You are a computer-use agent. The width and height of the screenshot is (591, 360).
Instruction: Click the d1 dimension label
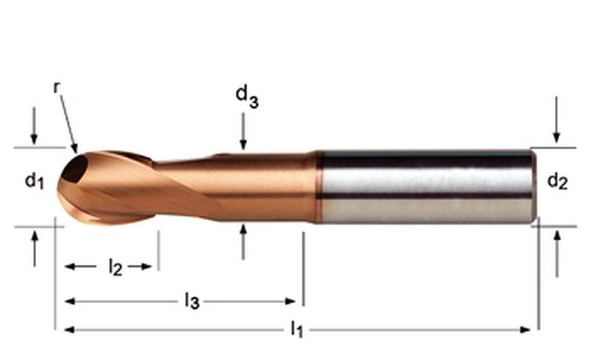[34, 181]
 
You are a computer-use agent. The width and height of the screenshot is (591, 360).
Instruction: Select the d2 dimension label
[557, 181]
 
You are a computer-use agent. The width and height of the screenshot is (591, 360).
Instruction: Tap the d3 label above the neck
[247, 97]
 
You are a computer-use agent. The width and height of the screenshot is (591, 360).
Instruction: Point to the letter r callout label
[57, 88]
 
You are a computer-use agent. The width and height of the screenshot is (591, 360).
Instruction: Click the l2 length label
[115, 268]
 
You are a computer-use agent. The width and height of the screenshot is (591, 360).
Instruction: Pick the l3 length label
[192, 301]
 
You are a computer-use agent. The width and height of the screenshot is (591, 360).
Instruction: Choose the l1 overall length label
[297, 329]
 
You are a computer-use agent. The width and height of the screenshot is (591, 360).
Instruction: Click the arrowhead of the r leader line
[75, 148]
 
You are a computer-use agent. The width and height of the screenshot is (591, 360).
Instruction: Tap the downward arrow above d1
[34, 126]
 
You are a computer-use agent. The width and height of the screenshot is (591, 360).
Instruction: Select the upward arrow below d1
[35, 249]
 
